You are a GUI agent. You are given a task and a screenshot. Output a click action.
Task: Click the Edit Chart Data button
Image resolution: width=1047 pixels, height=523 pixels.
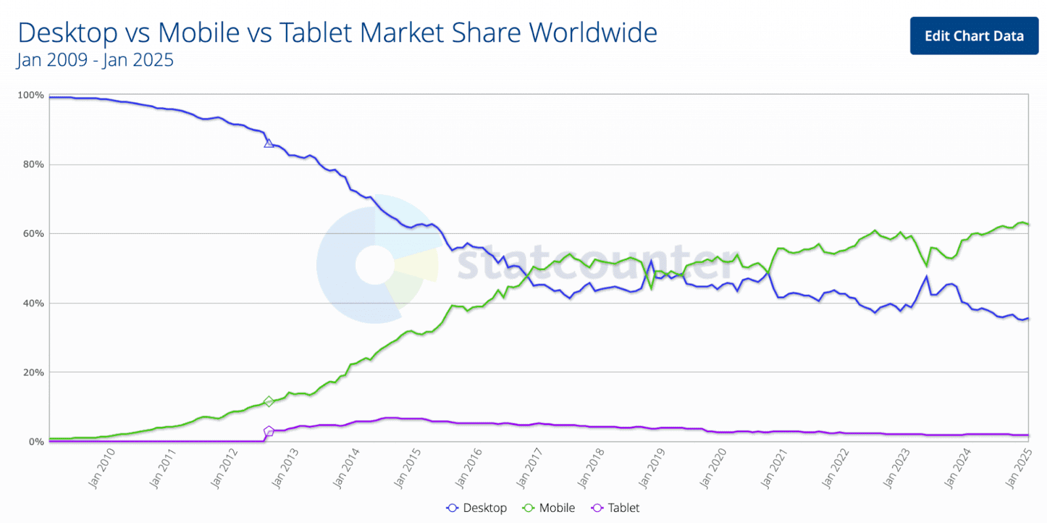(x=974, y=36)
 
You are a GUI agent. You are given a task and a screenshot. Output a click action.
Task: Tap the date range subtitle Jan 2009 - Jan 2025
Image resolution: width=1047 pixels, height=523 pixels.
(x=95, y=60)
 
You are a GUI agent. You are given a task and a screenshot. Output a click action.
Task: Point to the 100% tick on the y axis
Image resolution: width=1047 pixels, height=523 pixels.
(x=31, y=95)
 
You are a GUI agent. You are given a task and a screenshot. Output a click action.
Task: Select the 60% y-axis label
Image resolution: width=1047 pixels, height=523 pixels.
(x=33, y=233)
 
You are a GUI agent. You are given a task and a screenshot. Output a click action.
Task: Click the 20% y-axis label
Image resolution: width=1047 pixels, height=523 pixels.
(x=33, y=373)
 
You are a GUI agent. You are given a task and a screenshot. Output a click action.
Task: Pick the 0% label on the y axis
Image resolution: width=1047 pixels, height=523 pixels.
(x=36, y=442)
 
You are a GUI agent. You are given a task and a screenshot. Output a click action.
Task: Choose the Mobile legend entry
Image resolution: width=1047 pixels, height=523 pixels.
(x=549, y=508)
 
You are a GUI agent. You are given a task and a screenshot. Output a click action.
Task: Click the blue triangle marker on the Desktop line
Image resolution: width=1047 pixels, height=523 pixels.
(x=268, y=143)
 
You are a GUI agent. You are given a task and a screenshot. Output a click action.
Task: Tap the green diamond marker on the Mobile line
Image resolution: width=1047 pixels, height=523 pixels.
(x=268, y=401)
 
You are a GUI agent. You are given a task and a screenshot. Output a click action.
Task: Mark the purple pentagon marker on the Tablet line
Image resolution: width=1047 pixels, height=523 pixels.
(x=268, y=431)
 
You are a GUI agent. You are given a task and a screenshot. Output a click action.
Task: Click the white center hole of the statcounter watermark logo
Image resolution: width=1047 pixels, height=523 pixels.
(x=374, y=265)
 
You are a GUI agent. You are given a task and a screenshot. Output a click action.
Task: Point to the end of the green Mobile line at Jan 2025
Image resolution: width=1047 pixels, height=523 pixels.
(x=1027, y=225)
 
